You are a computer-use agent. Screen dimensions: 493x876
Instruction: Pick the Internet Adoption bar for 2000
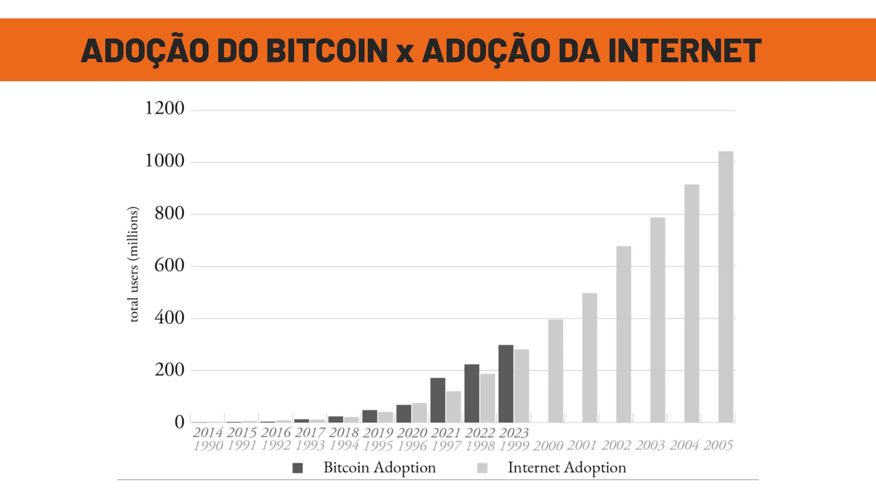coord(555,371)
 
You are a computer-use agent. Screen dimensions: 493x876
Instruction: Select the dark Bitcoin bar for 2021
coord(438,400)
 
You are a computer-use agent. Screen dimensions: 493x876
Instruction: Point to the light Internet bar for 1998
coord(487,398)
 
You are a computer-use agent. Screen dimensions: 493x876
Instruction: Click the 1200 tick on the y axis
coord(165,108)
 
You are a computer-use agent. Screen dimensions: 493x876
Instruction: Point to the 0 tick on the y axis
coord(179,422)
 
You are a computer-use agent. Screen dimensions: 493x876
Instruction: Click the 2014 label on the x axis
coord(208,433)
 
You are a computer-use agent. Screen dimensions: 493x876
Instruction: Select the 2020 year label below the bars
coord(412,433)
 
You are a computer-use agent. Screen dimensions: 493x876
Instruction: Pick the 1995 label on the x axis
coord(378,446)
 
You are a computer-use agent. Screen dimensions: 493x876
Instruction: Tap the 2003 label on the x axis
coord(650,445)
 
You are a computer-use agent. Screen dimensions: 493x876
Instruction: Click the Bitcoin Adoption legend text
coord(379,468)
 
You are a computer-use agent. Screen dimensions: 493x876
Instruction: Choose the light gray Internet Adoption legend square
coord(482,468)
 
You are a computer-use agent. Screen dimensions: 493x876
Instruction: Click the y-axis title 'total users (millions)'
coord(133,264)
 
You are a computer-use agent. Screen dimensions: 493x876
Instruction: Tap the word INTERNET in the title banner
coord(684,51)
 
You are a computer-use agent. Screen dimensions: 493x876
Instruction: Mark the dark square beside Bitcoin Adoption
coord(298,468)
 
